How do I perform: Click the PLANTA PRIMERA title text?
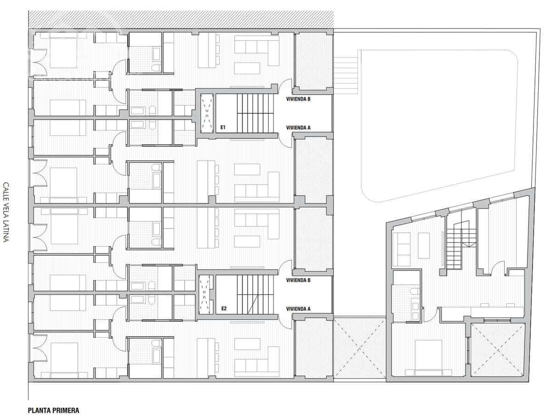[54, 410]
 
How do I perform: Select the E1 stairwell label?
[223, 128]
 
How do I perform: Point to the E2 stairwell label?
[224, 309]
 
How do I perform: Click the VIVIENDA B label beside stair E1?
[298, 99]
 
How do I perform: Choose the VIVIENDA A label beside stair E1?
[298, 128]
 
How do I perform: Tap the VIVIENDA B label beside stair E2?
[298, 280]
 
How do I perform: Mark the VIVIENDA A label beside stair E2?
[298, 309]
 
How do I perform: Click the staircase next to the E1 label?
[255, 113]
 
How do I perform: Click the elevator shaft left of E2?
[205, 294]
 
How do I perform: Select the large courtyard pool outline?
[439, 124]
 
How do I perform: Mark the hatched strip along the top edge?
[181, 19]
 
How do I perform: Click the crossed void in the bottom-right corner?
[498, 350]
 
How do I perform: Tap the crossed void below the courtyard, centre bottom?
[359, 349]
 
